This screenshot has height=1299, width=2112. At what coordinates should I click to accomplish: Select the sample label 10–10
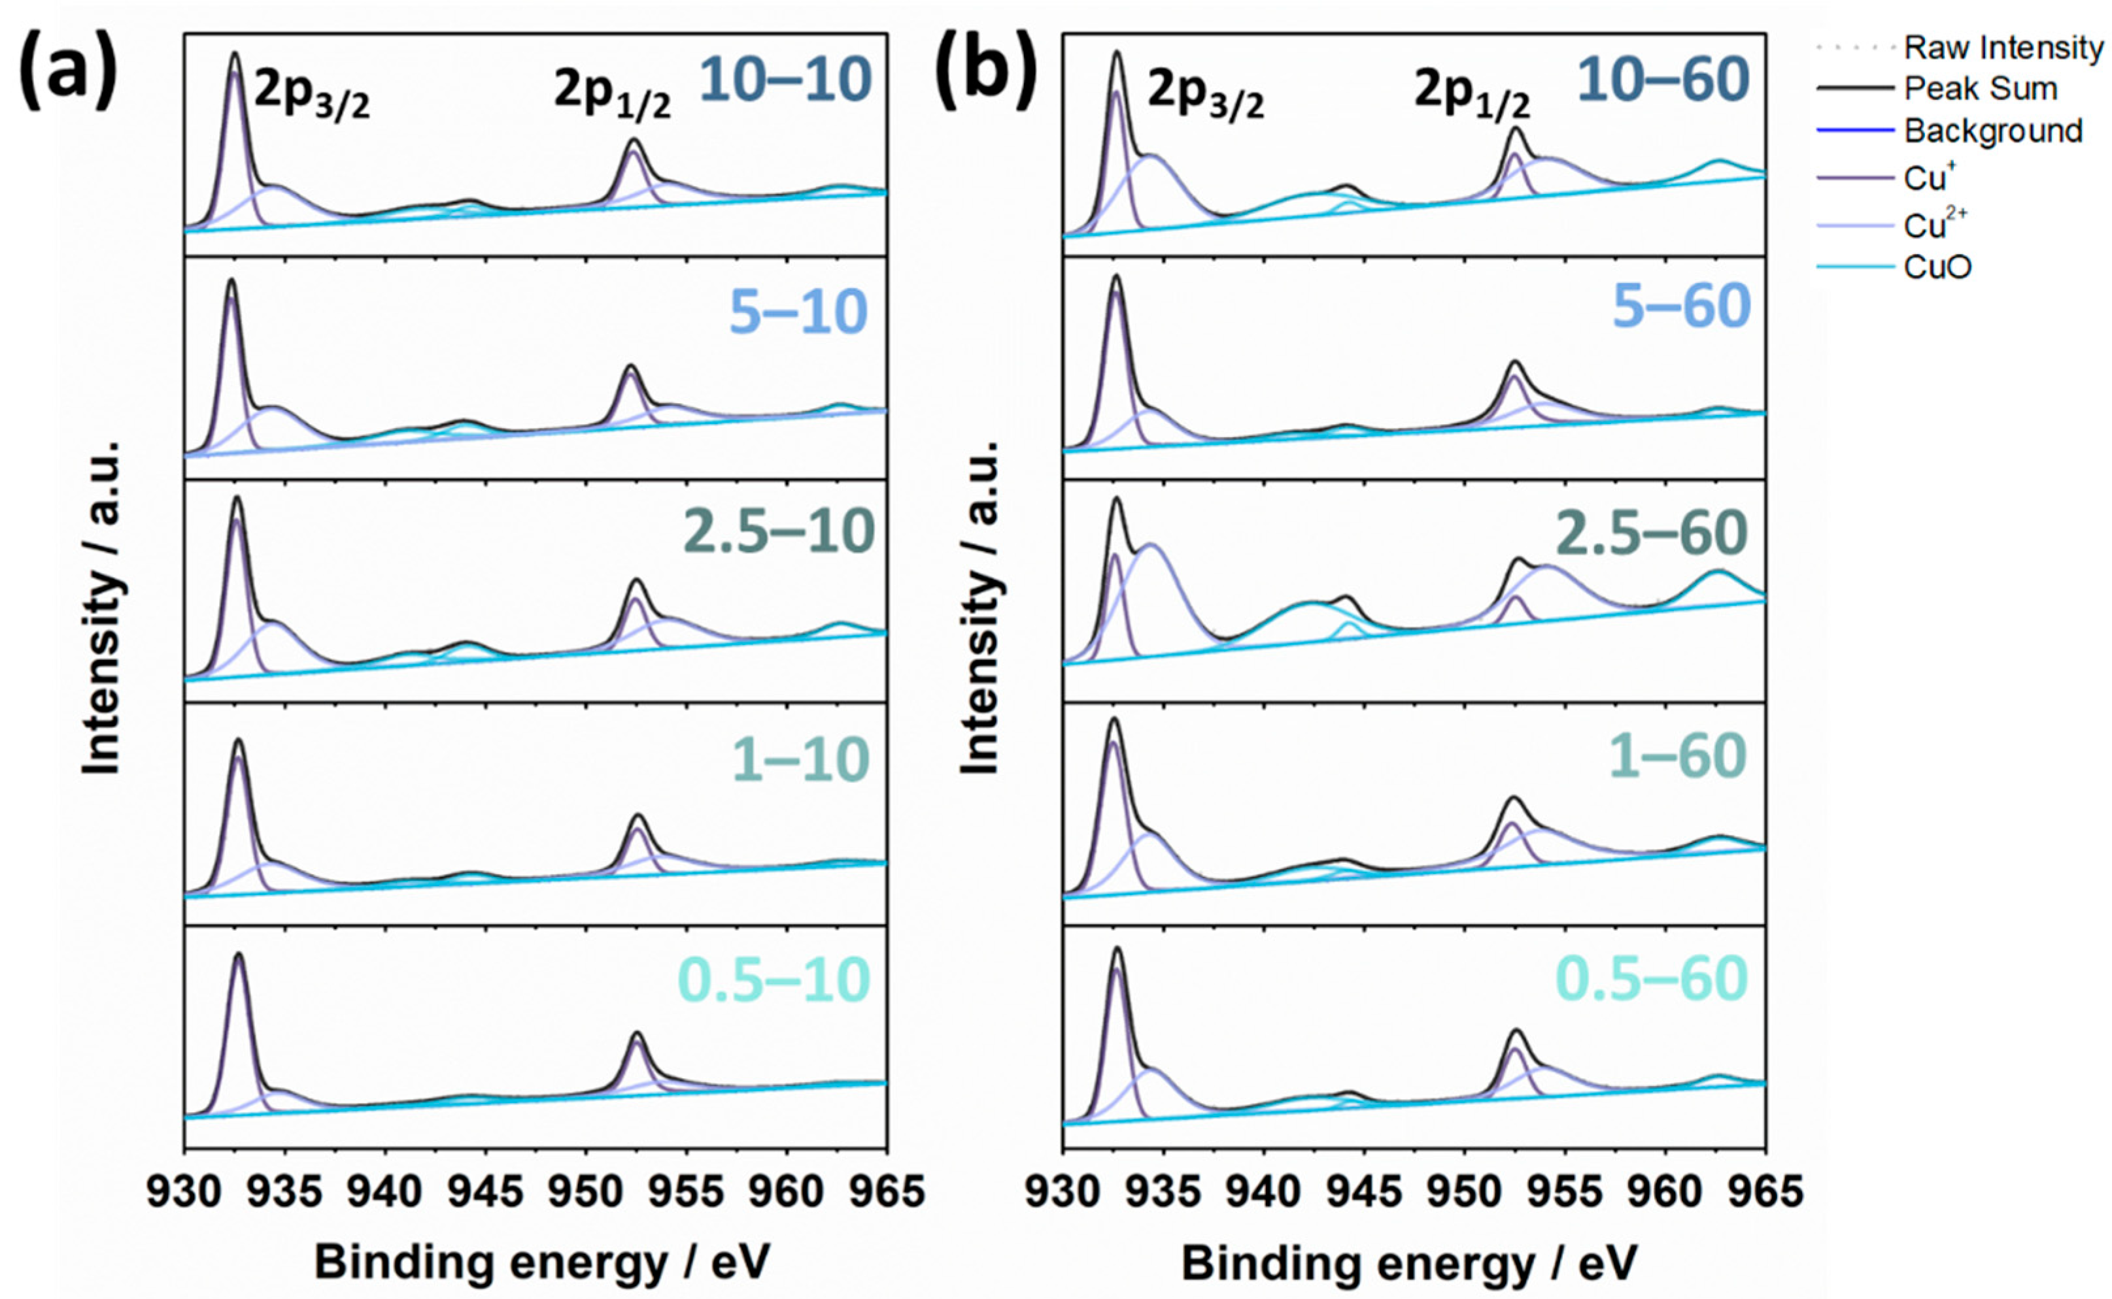785,80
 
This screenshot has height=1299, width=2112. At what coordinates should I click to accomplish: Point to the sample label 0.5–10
774,979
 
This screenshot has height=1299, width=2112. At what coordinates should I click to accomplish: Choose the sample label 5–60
1681,306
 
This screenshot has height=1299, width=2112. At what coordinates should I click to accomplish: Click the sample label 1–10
800,759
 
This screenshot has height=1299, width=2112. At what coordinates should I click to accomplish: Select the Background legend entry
1992,131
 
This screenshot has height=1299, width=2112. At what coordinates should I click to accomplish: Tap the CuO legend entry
1937,267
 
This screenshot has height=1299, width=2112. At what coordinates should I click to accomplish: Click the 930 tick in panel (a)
184,1192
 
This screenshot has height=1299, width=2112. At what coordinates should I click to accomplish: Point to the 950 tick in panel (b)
1464,1192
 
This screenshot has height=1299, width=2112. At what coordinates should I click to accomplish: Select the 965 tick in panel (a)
886,1192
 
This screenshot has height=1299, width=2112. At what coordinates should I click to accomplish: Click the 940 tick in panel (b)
1263,1192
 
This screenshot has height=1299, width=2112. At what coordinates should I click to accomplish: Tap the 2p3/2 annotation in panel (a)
311,96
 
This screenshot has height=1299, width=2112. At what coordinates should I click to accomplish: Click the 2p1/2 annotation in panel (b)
1472,96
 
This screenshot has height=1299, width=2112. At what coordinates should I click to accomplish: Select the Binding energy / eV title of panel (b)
1410,1263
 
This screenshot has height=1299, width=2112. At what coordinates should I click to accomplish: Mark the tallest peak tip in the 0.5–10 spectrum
238,953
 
